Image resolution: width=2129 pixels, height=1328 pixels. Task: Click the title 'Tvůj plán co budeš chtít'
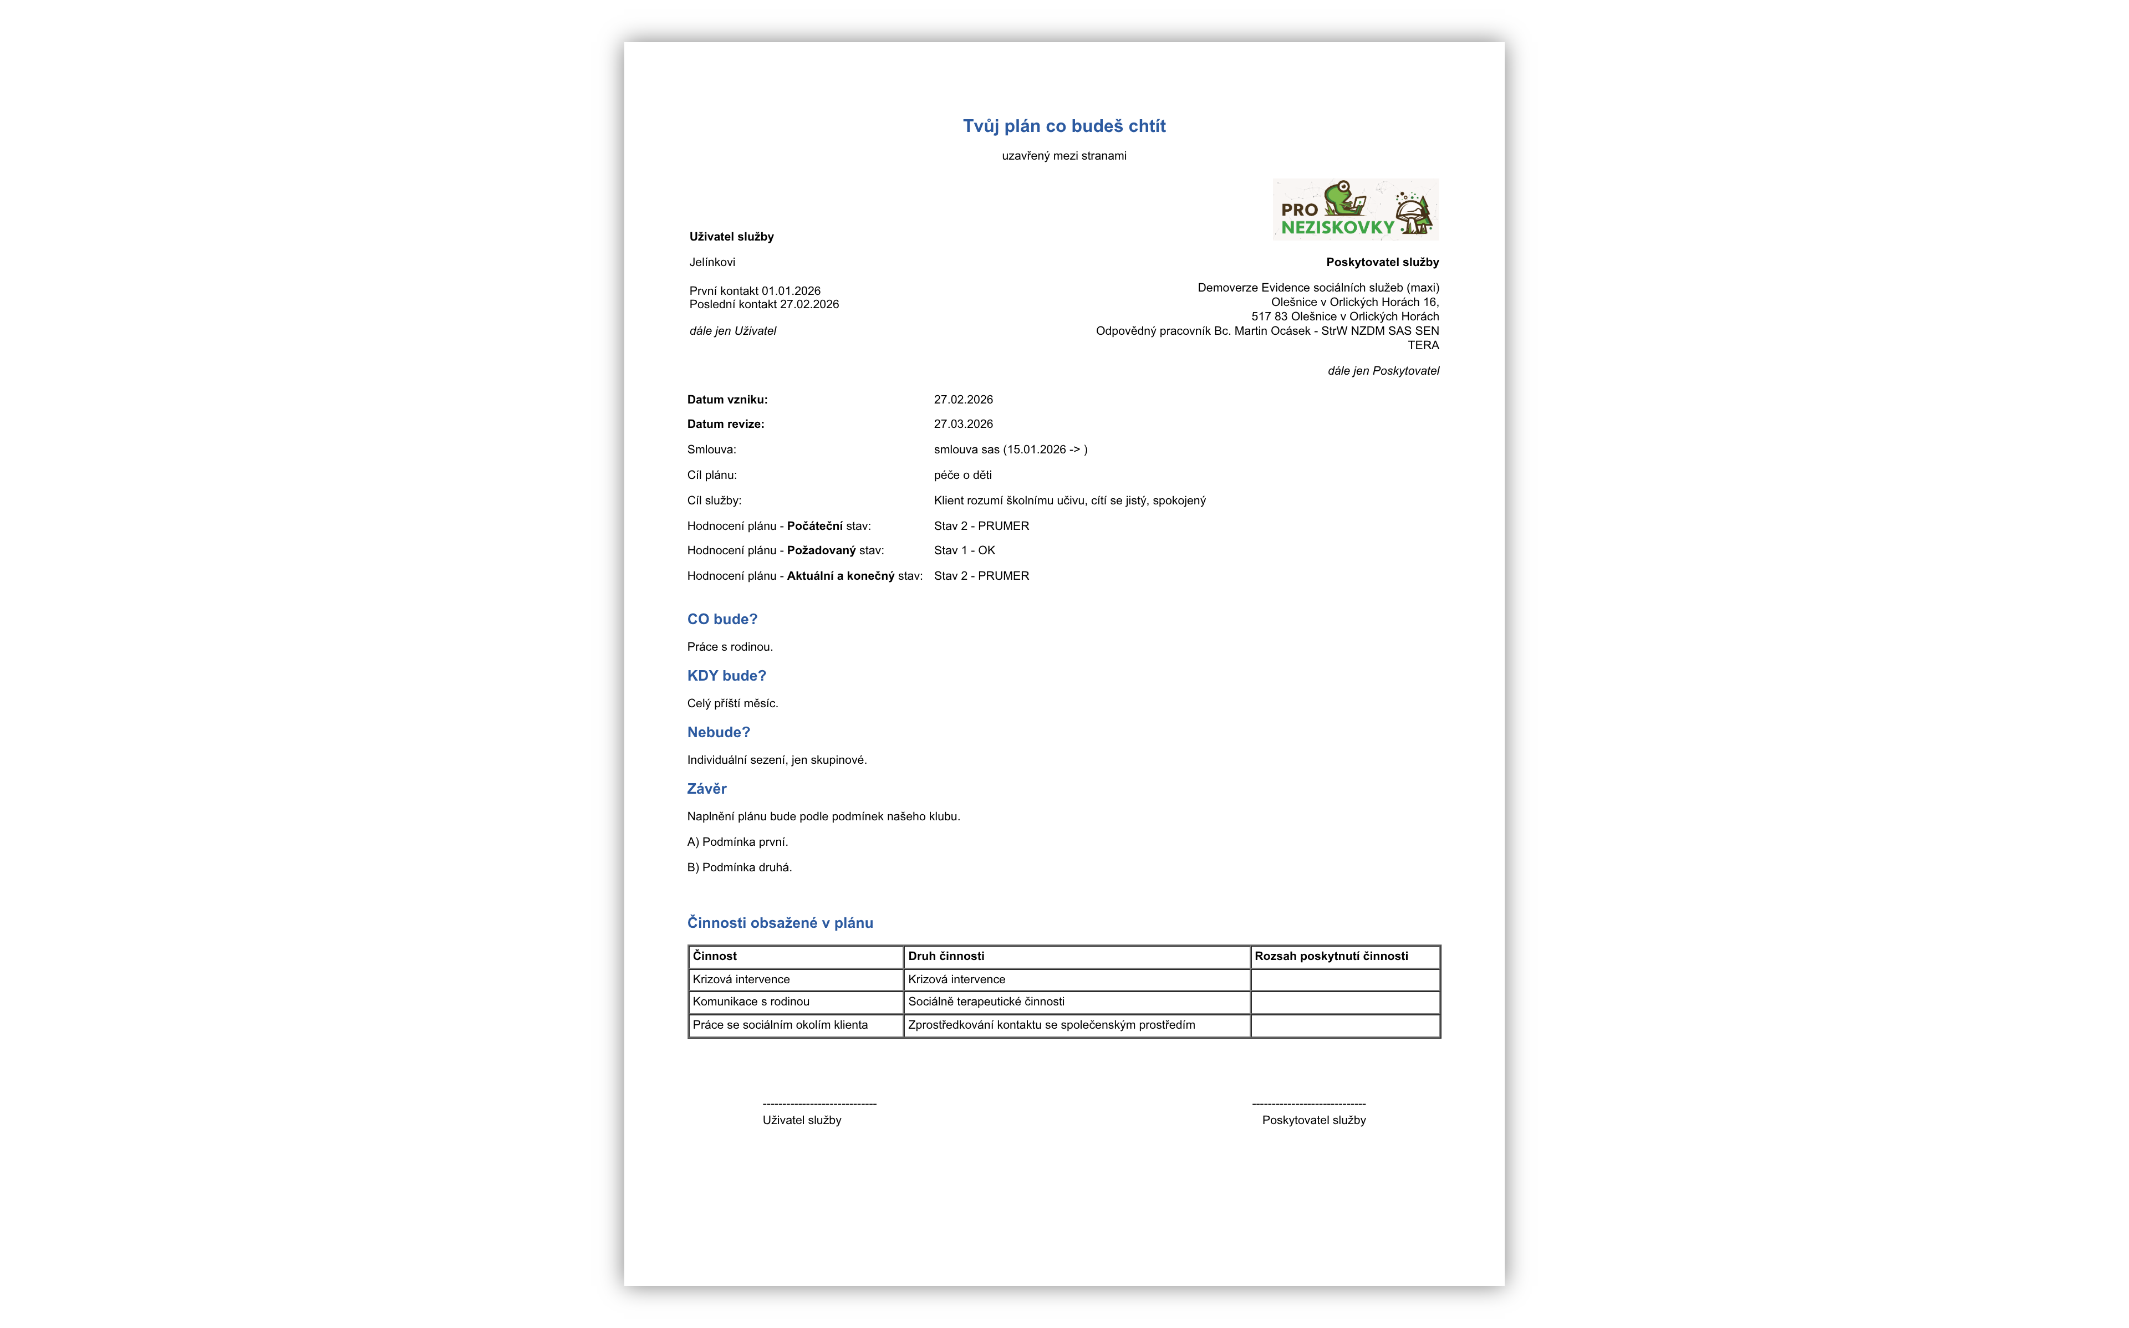[x=1063, y=126]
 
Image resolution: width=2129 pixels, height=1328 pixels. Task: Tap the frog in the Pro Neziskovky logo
[x=1340, y=198]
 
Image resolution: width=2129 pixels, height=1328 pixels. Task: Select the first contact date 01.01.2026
[x=791, y=291]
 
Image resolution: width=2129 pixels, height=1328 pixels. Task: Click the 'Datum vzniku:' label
[x=726, y=400]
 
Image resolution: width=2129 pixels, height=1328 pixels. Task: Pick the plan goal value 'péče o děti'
[x=962, y=475]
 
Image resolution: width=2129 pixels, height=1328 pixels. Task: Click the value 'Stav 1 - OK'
[x=964, y=551]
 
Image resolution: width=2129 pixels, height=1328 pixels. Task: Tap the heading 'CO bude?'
[x=722, y=619]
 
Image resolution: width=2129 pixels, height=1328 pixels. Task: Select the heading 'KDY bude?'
[x=726, y=676]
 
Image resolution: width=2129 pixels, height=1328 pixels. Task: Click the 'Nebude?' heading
[x=719, y=733]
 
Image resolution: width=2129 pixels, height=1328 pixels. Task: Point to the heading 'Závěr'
[x=706, y=789]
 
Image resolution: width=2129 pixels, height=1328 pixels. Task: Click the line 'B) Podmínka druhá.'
[x=738, y=868]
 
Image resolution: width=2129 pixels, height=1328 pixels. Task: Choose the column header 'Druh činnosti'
[x=946, y=957]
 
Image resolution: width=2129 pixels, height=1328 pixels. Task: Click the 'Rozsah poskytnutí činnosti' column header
[x=1331, y=957]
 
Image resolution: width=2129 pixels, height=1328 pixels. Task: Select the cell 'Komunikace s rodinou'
[x=751, y=1002]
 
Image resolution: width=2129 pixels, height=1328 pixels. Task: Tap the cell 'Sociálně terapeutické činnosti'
[x=985, y=1002]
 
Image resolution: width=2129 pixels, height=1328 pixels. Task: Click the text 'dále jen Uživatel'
[x=732, y=331]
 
